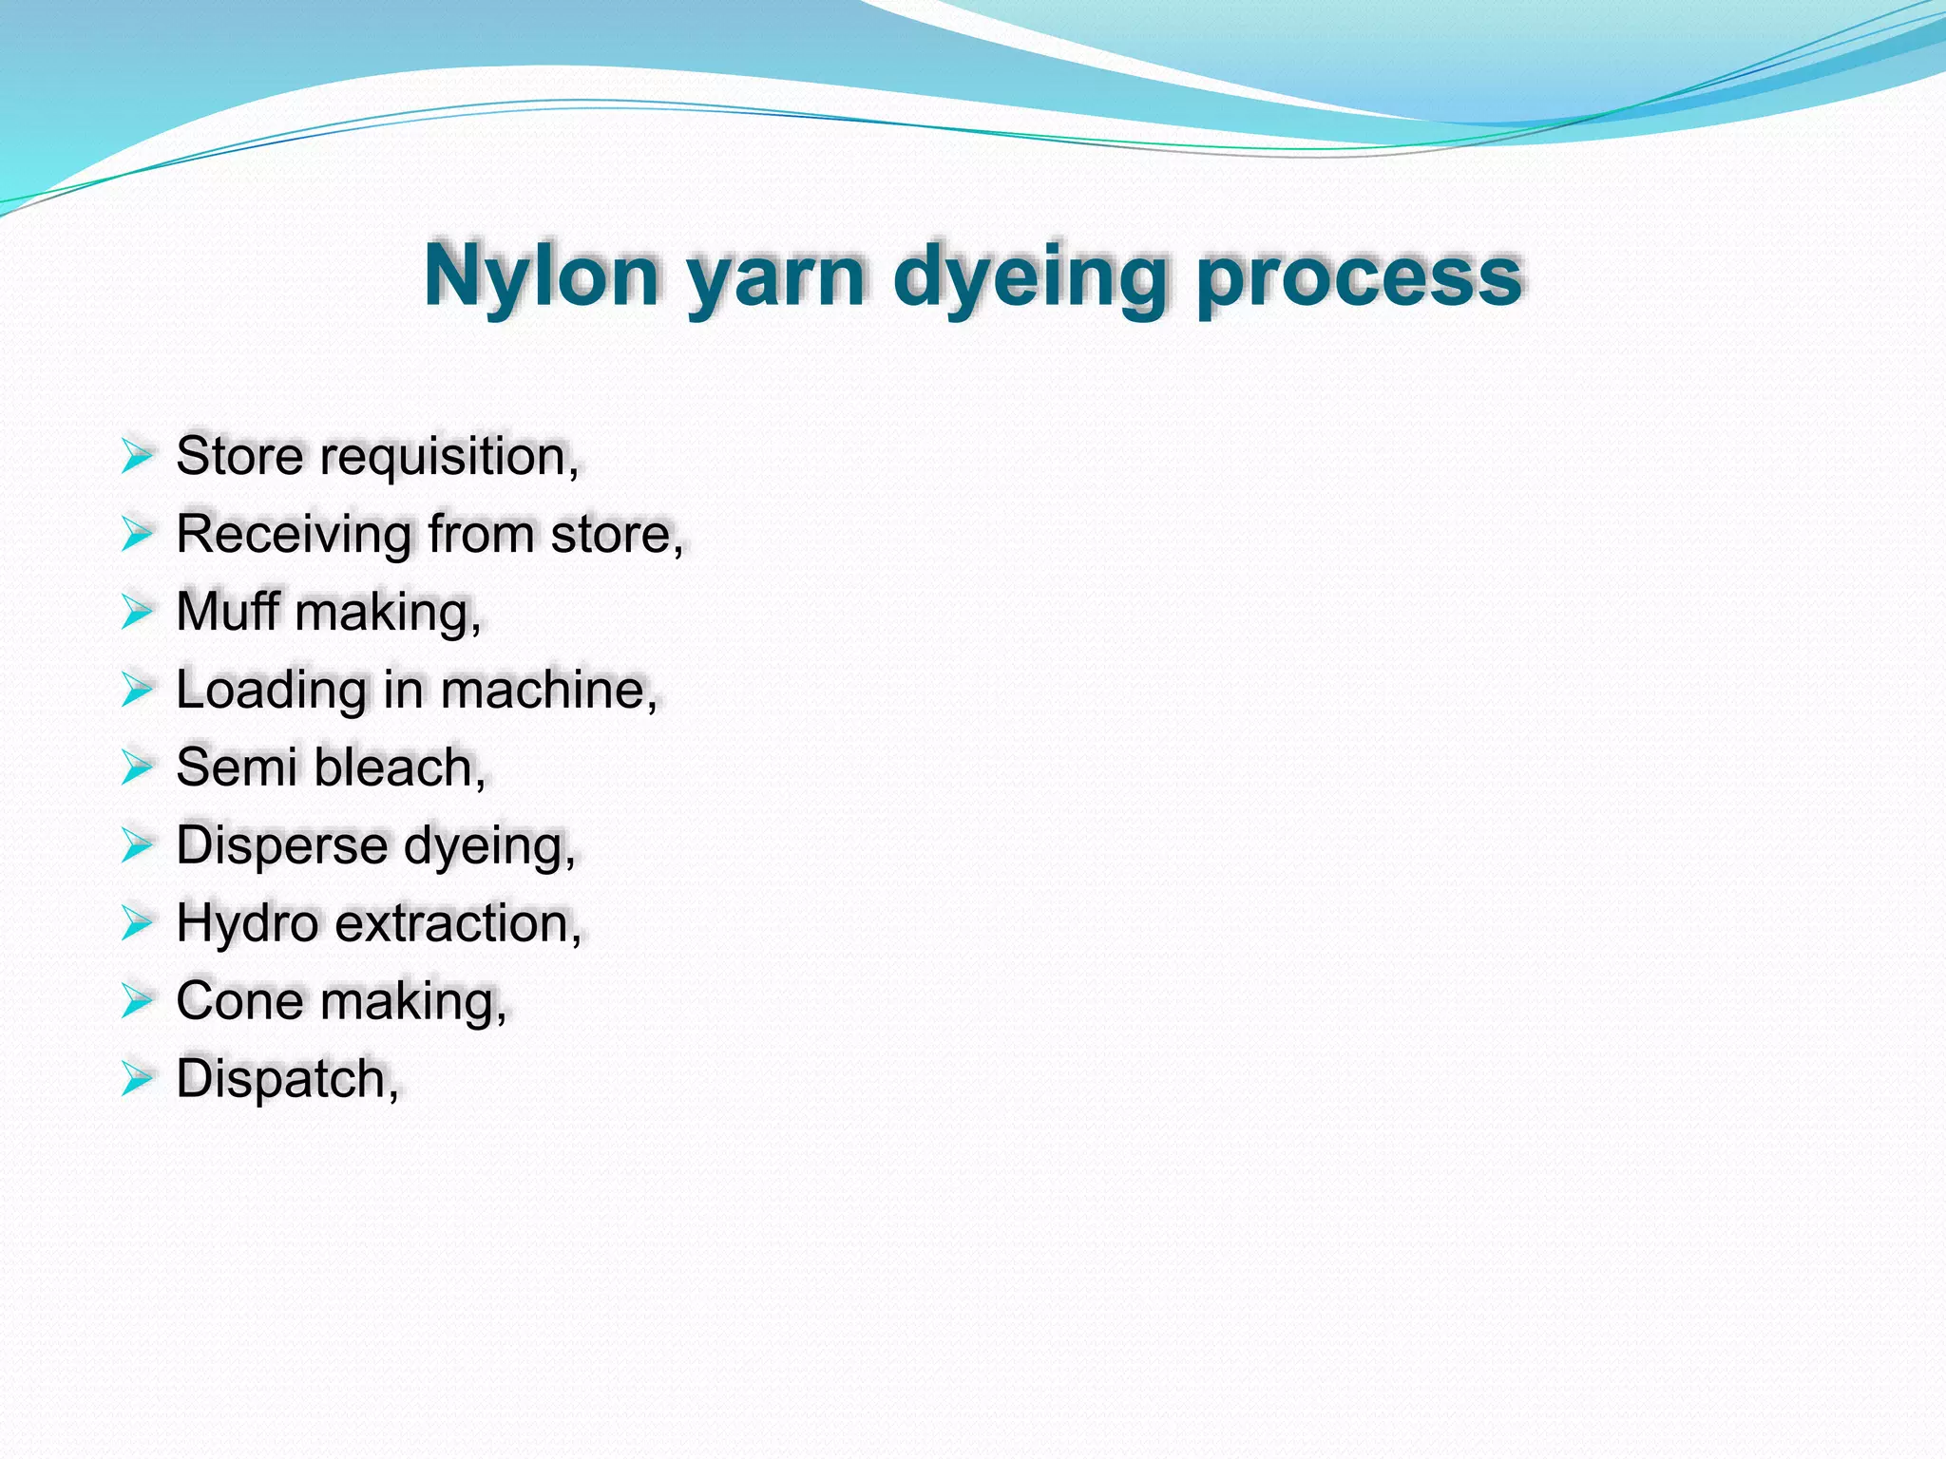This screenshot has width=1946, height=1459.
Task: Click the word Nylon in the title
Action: (x=542, y=275)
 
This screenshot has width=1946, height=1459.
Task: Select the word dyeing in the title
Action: (x=1029, y=277)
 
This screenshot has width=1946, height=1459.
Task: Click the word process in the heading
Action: (x=1359, y=279)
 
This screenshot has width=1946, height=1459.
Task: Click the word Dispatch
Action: (x=286, y=1079)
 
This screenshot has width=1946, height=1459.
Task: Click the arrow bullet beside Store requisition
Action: (x=137, y=456)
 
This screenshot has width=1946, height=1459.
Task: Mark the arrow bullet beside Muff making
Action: (x=137, y=612)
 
